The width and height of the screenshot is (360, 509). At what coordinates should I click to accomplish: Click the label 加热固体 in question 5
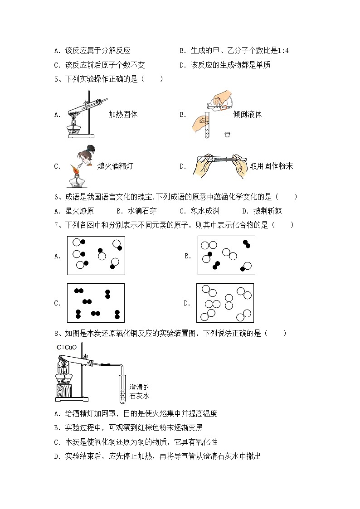click(x=123, y=115)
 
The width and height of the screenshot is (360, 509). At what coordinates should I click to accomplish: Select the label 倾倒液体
click(x=247, y=115)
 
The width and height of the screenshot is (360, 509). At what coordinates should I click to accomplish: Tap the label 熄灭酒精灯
click(x=115, y=166)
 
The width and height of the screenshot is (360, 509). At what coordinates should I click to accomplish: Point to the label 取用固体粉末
click(x=271, y=166)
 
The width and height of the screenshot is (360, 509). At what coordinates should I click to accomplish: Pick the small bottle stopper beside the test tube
click(x=227, y=135)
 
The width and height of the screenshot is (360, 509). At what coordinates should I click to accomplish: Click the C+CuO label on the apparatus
click(x=67, y=348)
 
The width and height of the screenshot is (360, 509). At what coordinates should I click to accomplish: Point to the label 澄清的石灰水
click(x=139, y=391)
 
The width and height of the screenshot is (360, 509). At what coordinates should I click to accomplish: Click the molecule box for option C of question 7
click(x=96, y=303)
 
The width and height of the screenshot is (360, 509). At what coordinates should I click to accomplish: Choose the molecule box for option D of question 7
click(x=225, y=303)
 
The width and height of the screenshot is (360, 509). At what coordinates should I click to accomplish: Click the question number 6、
click(x=58, y=197)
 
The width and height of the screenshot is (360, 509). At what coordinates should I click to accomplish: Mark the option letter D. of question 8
click(x=57, y=456)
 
